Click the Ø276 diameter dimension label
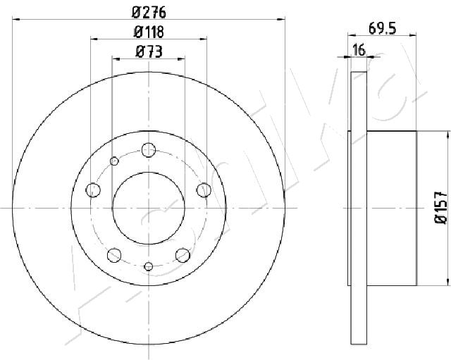coord(149,13)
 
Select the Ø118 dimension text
coord(149,32)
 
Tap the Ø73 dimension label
coord(149,52)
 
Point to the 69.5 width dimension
coord(382,29)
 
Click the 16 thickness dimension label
coord(359,50)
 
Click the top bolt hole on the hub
coord(149,150)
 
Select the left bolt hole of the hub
coord(93,190)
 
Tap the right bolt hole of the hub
coord(204,190)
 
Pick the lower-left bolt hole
coord(114,255)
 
